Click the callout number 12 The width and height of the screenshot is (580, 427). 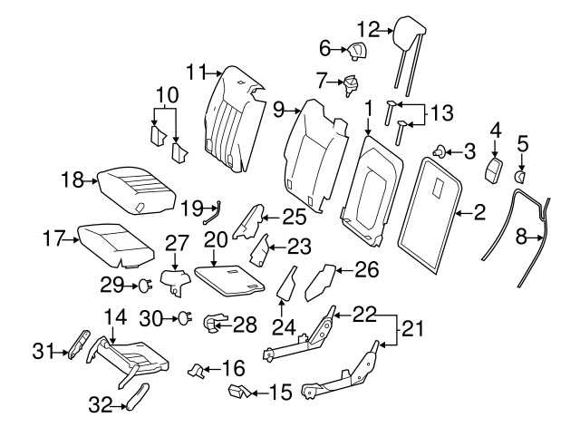pyautogui.click(x=369, y=28)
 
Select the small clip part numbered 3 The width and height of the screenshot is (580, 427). pyautogui.click(x=439, y=150)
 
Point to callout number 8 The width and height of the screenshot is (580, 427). pyautogui.click(x=521, y=238)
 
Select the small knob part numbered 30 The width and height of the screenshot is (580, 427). pyautogui.click(x=185, y=317)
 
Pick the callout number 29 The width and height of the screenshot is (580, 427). pyautogui.click(x=111, y=286)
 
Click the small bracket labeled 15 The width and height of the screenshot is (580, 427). pyautogui.click(x=239, y=391)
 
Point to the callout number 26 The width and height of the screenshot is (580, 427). pyautogui.click(x=363, y=269)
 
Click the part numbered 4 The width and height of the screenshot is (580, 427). pyautogui.click(x=495, y=170)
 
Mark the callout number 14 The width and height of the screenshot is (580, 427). pyautogui.click(x=113, y=316)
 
